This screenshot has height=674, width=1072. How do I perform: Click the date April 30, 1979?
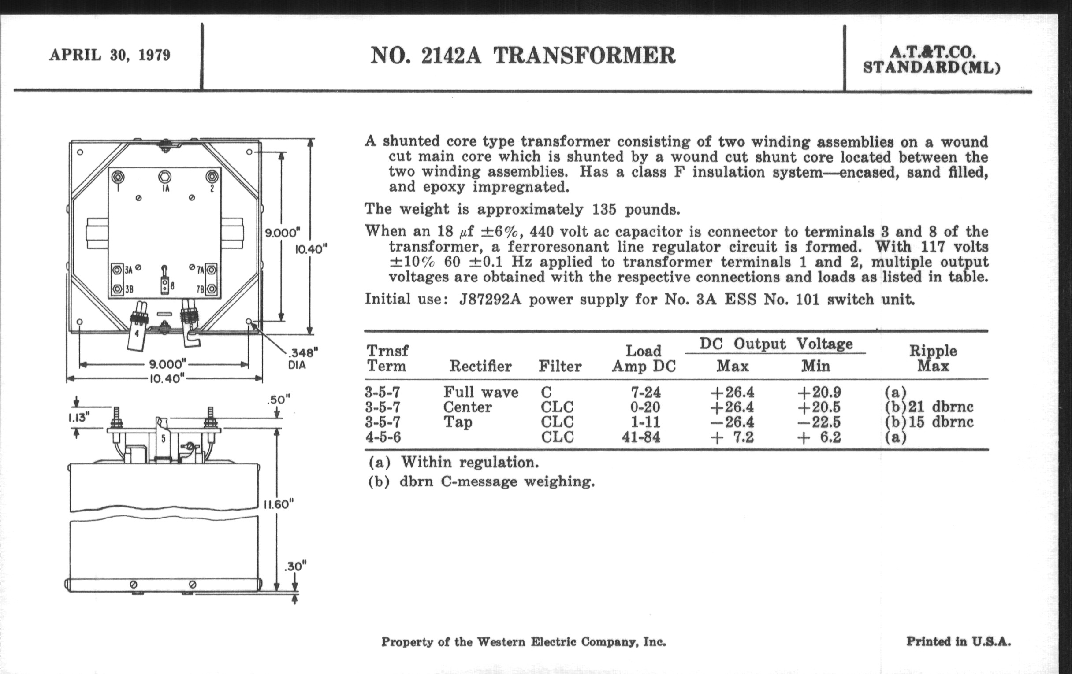[109, 55]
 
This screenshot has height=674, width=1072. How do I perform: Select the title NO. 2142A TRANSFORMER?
[523, 56]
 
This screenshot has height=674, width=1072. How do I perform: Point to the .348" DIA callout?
[303, 358]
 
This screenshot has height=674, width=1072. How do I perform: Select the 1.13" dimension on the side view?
[79, 418]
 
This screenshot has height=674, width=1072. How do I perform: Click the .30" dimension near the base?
[295, 567]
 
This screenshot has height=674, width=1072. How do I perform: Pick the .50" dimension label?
[279, 400]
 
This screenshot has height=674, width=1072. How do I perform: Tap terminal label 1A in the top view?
[165, 189]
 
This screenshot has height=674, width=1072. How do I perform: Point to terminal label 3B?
[129, 289]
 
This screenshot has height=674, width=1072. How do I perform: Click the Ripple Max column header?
[933, 358]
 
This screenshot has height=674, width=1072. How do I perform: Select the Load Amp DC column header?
[644, 358]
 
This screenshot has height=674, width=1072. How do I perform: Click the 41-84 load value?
[641, 437]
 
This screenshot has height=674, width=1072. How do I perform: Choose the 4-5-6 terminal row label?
[383, 437]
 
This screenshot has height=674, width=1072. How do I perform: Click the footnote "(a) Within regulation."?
[454, 462]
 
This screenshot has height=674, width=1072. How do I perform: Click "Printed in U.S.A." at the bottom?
[958, 641]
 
